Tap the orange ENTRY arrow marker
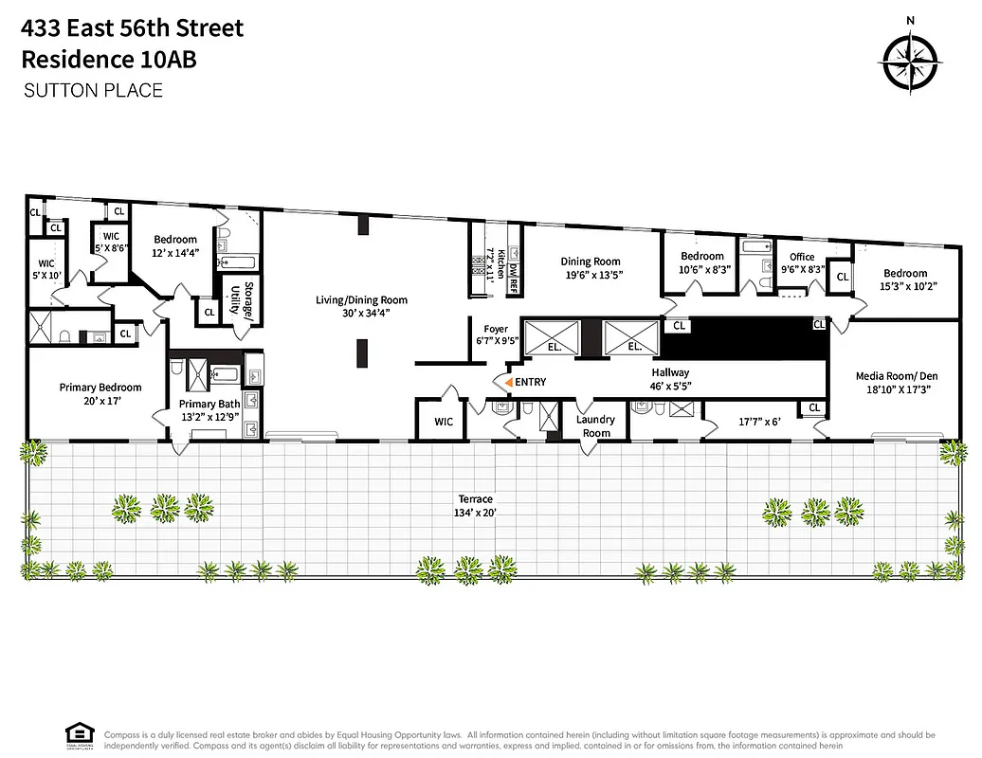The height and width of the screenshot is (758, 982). [x=509, y=382]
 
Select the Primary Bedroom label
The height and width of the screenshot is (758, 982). [x=100, y=388]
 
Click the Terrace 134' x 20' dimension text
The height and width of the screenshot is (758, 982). [x=473, y=513]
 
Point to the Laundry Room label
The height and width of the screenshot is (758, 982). [x=595, y=426]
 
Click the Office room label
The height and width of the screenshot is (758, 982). [x=802, y=257]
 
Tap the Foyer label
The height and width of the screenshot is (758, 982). [x=497, y=330]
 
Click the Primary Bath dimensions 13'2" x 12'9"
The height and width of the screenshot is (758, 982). [x=211, y=417]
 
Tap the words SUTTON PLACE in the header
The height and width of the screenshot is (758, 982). [x=92, y=91]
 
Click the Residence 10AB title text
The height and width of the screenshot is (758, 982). [x=109, y=59]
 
